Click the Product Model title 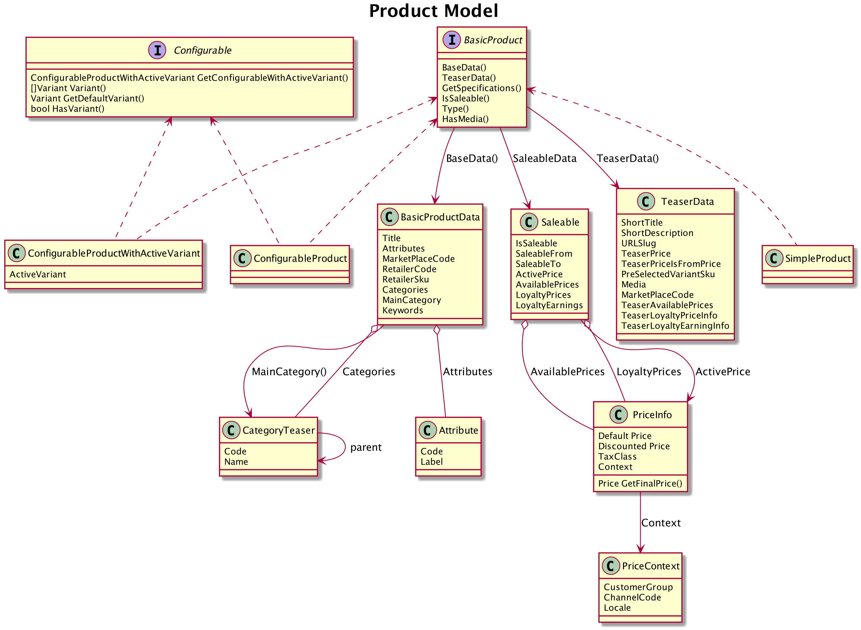click(x=433, y=11)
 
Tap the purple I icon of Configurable click(x=157, y=50)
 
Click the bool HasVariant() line click(x=68, y=109)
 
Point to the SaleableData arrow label click(x=544, y=158)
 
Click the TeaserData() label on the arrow click(x=627, y=158)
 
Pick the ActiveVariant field click(x=38, y=274)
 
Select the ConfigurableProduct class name click(x=300, y=259)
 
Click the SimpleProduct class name click(x=818, y=259)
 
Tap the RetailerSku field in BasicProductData click(x=405, y=280)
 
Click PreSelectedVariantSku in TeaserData click(x=667, y=274)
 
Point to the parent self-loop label click(x=366, y=447)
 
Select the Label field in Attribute click(x=431, y=462)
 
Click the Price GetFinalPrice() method click(x=640, y=483)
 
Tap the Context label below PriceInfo click(x=661, y=523)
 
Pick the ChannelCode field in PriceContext click(x=632, y=598)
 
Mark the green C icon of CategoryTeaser click(x=231, y=430)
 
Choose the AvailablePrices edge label click(x=567, y=371)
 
